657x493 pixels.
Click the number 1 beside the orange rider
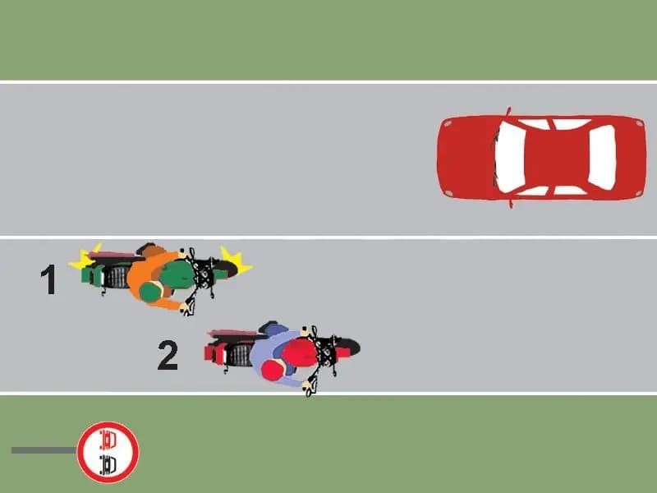tap(48, 280)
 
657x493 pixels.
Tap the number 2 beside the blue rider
tap(168, 356)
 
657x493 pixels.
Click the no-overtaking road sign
tap(108, 452)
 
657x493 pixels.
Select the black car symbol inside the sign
tap(108, 463)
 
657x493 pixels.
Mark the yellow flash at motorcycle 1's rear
tap(83, 259)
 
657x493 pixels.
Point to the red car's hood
tap(466, 157)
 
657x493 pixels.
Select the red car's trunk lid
tap(629, 157)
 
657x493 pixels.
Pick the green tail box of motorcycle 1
tap(89, 276)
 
